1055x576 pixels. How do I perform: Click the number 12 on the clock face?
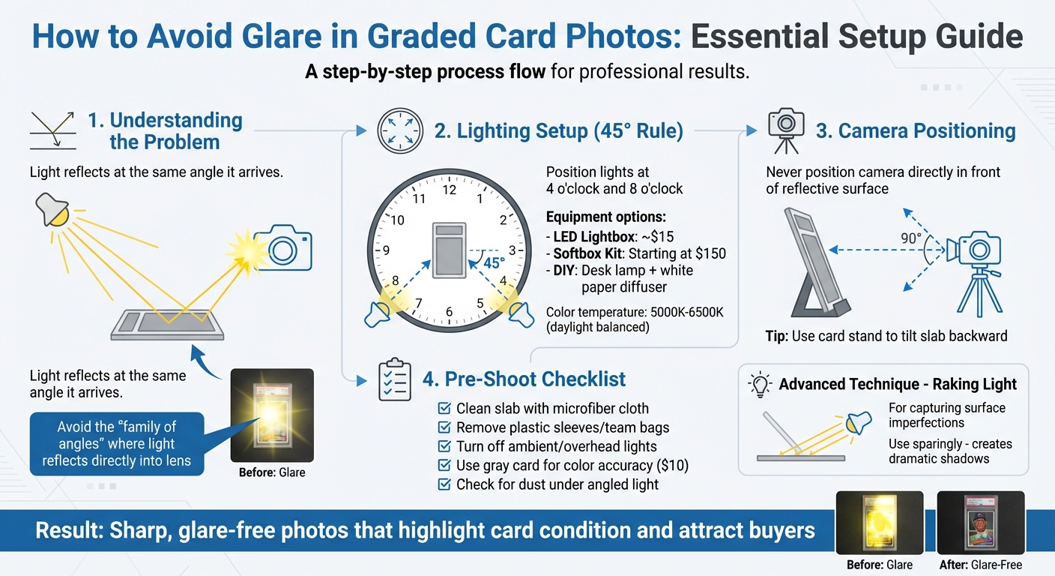(450, 190)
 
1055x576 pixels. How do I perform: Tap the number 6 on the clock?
(450, 311)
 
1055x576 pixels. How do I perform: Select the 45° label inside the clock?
(494, 263)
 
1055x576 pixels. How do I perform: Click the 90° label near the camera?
(911, 238)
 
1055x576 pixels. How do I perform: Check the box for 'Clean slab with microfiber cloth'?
(444, 408)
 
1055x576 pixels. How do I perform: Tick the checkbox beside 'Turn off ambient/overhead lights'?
(444, 446)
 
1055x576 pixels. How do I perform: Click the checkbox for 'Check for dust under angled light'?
(444, 484)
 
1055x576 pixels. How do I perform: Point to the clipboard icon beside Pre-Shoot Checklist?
(395, 379)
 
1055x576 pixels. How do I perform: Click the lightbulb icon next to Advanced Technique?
(760, 385)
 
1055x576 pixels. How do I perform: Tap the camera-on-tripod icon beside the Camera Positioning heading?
(786, 131)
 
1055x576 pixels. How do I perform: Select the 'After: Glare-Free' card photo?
(981, 522)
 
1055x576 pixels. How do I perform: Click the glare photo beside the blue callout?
(272, 415)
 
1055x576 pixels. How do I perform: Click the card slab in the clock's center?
(450, 250)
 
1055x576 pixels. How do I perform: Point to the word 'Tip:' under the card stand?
(777, 336)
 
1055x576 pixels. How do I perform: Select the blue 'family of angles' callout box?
(117, 443)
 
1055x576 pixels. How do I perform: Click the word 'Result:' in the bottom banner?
(69, 530)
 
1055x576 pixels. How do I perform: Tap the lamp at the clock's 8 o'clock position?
(378, 314)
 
